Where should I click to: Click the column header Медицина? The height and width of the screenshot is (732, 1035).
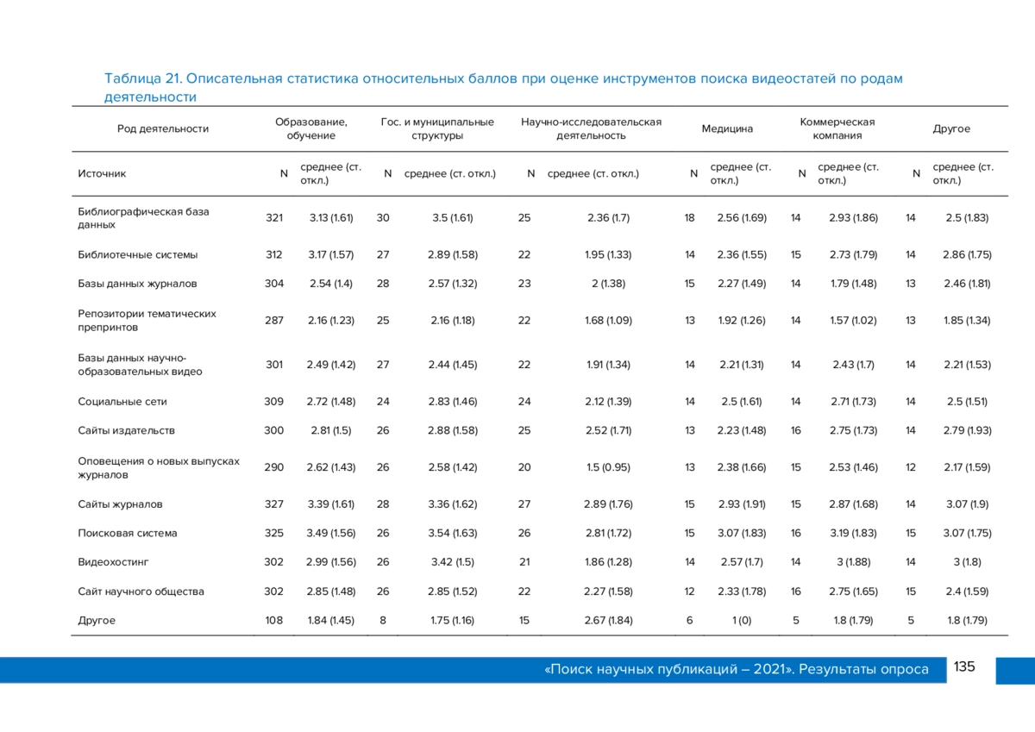coord(727,128)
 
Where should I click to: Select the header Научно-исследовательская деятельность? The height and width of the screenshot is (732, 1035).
coord(591,128)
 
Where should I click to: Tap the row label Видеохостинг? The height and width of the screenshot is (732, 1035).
coord(113,562)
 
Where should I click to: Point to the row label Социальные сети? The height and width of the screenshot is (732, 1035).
coord(122,401)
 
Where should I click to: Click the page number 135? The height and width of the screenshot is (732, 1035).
coord(964,666)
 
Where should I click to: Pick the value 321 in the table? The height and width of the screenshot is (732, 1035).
coord(274,217)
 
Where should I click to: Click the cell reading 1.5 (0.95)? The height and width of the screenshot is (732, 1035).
coord(608,467)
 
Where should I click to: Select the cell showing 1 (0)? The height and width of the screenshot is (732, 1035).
coord(742,620)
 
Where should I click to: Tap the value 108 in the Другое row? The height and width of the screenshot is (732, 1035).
coord(273,620)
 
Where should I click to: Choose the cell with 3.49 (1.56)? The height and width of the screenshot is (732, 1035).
coord(331,533)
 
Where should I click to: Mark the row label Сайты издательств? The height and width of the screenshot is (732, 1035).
coord(126,430)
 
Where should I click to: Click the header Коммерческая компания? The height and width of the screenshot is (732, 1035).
coord(837,128)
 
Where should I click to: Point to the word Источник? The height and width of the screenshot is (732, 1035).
coord(102,173)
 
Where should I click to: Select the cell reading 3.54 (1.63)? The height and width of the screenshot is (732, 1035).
coord(452,533)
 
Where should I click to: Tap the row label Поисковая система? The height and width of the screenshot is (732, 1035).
coord(127,533)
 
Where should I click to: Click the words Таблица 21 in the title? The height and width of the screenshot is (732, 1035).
coord(143,78)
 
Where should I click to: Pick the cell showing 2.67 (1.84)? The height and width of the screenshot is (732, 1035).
coord(608,620)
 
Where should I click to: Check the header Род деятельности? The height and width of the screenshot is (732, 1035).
coord(163,128)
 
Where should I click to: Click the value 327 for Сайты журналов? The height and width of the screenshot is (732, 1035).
coord(274,504)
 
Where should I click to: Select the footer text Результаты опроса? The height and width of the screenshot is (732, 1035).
coord(863,669)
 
